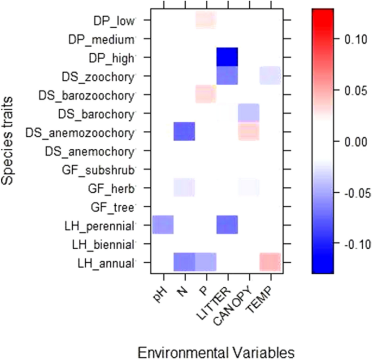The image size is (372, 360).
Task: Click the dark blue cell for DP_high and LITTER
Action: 227,57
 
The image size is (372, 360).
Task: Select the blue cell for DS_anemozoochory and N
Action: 184,131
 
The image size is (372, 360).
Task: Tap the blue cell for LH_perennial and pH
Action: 163,224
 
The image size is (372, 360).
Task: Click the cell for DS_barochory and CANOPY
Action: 249,113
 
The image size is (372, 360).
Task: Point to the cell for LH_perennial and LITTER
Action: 227,224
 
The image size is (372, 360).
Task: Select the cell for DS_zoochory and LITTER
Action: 227,75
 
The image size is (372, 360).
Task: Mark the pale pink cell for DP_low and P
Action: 206,21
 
